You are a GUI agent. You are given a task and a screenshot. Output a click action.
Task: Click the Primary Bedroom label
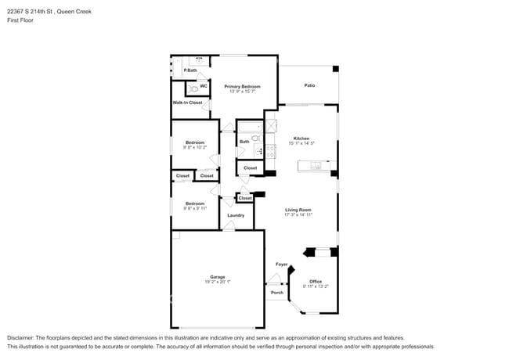[x=242, y=86]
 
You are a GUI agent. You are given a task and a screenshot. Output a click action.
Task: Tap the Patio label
[x=309, y=86]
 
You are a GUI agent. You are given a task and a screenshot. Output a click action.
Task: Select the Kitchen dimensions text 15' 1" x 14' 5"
[x=301, y=143]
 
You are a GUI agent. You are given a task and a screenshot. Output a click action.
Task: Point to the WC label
[x=204, y=85]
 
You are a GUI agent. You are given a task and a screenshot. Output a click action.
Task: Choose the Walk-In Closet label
[x=187, y=103]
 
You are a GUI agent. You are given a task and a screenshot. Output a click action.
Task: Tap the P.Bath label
[x=190, y=70]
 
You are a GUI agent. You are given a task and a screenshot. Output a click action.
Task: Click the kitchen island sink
[x=318, y=164]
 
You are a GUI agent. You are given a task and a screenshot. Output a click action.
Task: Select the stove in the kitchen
[x=270, y=150]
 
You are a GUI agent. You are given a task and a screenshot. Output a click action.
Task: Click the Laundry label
[x=236, y=215]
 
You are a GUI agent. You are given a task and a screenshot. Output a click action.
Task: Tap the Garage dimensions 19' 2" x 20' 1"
[x=217, y=282]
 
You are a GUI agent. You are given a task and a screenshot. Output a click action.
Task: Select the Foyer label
[x=281, y=265]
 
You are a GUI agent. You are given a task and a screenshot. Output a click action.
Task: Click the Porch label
[x=276, y=293]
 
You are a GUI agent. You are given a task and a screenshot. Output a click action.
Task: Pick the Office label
[x=316, y=281]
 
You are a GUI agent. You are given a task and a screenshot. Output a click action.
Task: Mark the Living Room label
[x=298, y=209]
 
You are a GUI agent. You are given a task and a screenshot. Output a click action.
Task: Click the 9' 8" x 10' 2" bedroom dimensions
[x=194, y=146]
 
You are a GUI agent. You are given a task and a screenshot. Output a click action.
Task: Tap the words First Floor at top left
[x=21, y=20]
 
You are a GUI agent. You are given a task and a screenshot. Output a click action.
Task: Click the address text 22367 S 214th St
[x=34, y=9]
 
